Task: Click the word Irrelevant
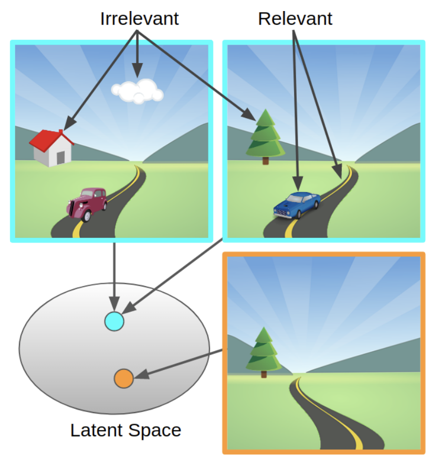[139, 19]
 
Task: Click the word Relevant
[295, 19]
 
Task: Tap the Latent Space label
[125, 430]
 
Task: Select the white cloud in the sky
[137, 91]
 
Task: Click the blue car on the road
[297, 204]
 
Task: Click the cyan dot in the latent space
[114, 321]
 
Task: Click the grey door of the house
[61, 157]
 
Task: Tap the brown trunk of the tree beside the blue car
[266, 161]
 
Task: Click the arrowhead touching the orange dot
[139, 375]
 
